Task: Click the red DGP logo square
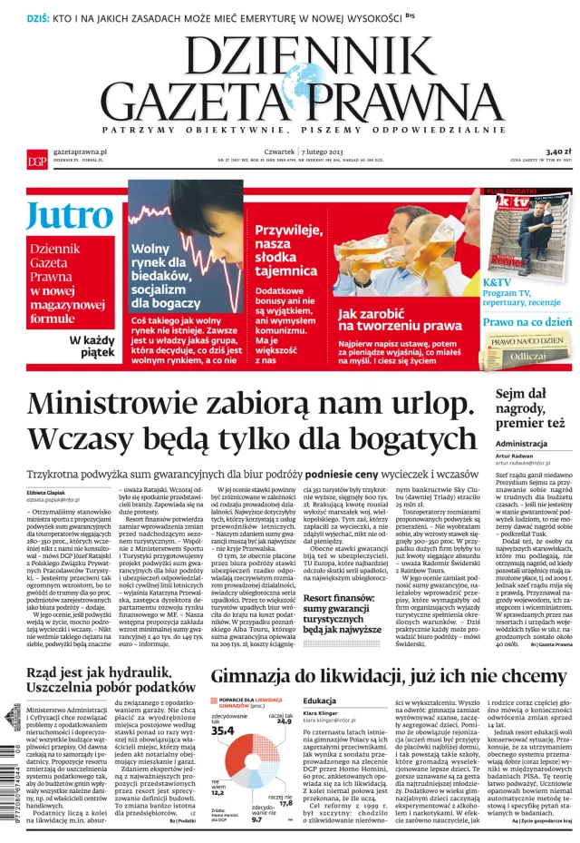[37, 156]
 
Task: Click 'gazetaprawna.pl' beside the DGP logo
[82, 150]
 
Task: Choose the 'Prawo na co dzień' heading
[527, 322]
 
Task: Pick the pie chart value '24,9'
[283, 747]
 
